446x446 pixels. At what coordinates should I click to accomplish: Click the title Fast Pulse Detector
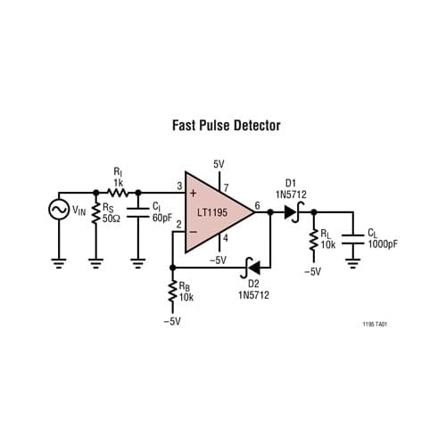(226, 126)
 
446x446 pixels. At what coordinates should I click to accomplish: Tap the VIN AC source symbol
(60, 211)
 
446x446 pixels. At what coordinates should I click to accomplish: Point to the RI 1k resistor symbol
(118, 192)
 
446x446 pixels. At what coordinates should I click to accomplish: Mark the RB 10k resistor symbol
(171, 292)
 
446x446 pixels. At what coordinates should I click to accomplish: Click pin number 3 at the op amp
(178, 186)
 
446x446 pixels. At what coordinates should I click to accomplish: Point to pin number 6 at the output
(257, 205)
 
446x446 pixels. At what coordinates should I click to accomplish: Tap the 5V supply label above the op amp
(219, 164)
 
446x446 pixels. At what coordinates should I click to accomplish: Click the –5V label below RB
(171, 321)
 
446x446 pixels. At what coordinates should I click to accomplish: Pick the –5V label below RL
(312, 271)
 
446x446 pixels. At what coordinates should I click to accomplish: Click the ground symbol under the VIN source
(60, 262)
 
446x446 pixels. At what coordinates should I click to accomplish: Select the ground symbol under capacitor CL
(354, 262)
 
